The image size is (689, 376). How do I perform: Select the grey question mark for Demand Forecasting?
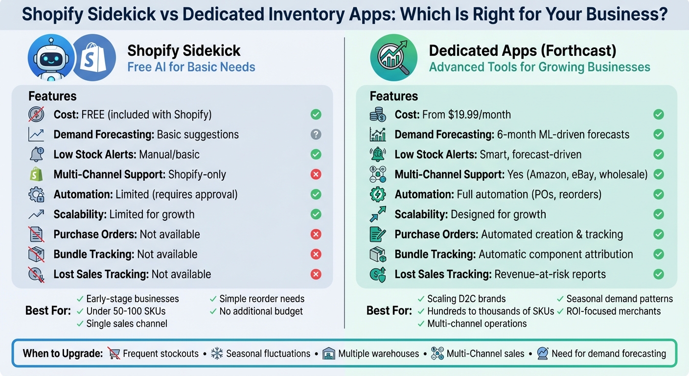[316, 135]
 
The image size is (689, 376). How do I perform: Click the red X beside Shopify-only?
[316, 175]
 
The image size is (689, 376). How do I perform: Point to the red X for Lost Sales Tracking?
[316, 275]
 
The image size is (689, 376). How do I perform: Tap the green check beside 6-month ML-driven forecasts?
[659, 135]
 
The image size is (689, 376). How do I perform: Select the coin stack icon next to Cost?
[378, 115]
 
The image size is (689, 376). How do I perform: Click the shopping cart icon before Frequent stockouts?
[114, 353]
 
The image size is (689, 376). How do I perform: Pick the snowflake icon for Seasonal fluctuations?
[217, 353]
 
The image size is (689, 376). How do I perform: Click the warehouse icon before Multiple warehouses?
[329, 353]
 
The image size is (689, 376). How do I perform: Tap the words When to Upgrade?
[61, 353]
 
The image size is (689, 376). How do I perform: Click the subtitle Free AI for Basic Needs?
[191, 67]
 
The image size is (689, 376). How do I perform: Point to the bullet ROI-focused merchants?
[613, 311]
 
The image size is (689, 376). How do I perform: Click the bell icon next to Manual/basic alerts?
[37, 155]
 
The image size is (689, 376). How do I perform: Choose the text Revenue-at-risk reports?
[550, 275]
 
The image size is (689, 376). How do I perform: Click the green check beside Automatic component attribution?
[659, 255]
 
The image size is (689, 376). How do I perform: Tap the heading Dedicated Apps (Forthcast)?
[523, 50]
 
